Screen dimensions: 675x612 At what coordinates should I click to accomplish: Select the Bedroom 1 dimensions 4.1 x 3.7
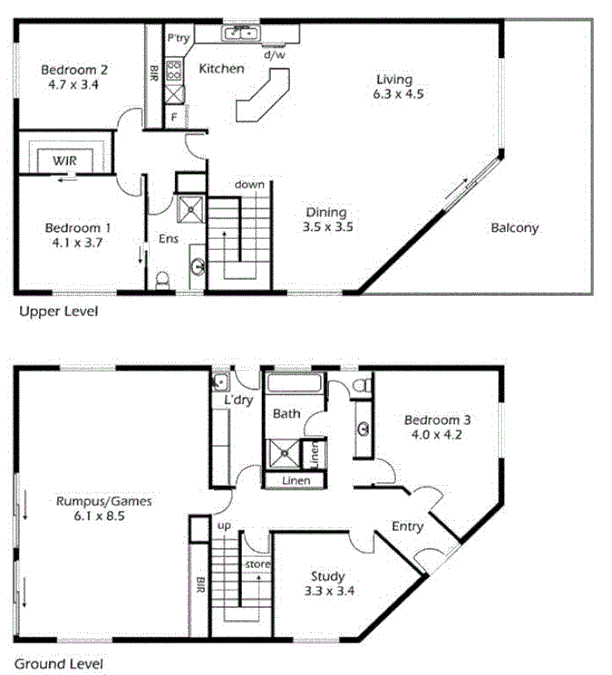[75, 242]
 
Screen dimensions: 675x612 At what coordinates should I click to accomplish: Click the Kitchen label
[221, 69]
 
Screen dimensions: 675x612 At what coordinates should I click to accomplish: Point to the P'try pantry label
[179, 38]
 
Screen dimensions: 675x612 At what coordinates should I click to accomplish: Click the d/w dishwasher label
[274, 56]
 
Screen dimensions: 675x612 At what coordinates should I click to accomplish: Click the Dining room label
[326, 212]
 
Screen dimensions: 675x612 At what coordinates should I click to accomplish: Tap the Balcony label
[514, 228]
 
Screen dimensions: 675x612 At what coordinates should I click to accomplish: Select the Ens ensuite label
[168, 240]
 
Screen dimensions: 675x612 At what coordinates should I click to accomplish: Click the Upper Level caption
[58, 311]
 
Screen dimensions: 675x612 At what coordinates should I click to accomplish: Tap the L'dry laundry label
[237, 400]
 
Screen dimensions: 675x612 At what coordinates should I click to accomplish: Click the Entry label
[408, 526]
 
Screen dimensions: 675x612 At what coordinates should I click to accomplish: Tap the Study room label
[328, 576]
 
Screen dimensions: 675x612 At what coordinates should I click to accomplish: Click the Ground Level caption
[57, 662]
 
